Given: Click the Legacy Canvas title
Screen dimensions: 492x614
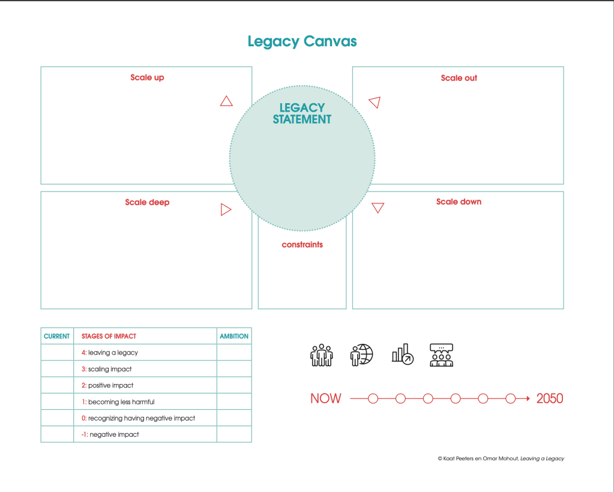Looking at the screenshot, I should pos(302,41).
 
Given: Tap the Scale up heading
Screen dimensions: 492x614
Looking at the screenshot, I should pos(147,77).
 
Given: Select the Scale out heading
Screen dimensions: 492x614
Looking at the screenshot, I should pos(459,78).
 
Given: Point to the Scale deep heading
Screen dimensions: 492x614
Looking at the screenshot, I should pos(147,202).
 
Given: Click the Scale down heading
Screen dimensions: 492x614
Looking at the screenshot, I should pos(459,202).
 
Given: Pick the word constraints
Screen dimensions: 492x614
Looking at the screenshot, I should pos(302,245).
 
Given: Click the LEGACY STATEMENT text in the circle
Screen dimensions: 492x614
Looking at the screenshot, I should pos(302,113).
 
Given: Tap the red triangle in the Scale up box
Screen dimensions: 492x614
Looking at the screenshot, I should pos(226,101).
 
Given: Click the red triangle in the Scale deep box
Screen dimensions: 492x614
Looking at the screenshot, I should pos(226,209).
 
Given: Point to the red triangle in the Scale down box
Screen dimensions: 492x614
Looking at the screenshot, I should pos(378,208).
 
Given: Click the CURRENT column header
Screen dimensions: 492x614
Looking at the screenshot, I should pos(57,336).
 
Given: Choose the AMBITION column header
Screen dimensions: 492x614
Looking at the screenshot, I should pos(234,336).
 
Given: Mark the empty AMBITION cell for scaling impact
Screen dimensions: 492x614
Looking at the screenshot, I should pos(234,369).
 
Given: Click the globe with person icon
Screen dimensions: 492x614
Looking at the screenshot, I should pos(361,355).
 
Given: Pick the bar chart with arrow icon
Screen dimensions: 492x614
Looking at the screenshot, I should pos(402,355).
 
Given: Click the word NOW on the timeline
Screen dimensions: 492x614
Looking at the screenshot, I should pos(325,398).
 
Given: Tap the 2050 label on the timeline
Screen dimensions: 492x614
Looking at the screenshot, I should pos(550,398).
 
